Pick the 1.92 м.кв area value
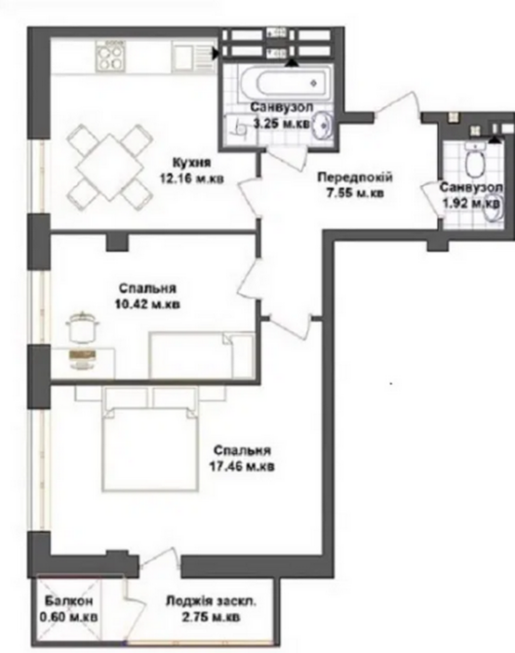(x=471, y=203)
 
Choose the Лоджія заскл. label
(x=211, y=603)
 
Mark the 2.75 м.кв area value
(x=211, y=618)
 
